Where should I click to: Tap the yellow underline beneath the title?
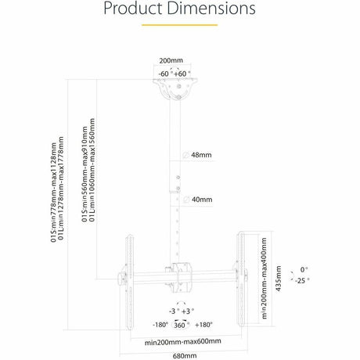tap(179, 26)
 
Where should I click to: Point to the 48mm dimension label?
tap(201, 155)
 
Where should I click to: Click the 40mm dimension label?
tap(201, 199)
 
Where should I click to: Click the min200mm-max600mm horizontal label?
tap(182, 341)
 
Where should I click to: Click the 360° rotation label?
tap(179, 325)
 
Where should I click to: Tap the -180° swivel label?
tap(160, 325)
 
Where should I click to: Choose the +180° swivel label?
tap(203, 325)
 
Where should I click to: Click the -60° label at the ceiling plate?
tap(164, 73)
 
